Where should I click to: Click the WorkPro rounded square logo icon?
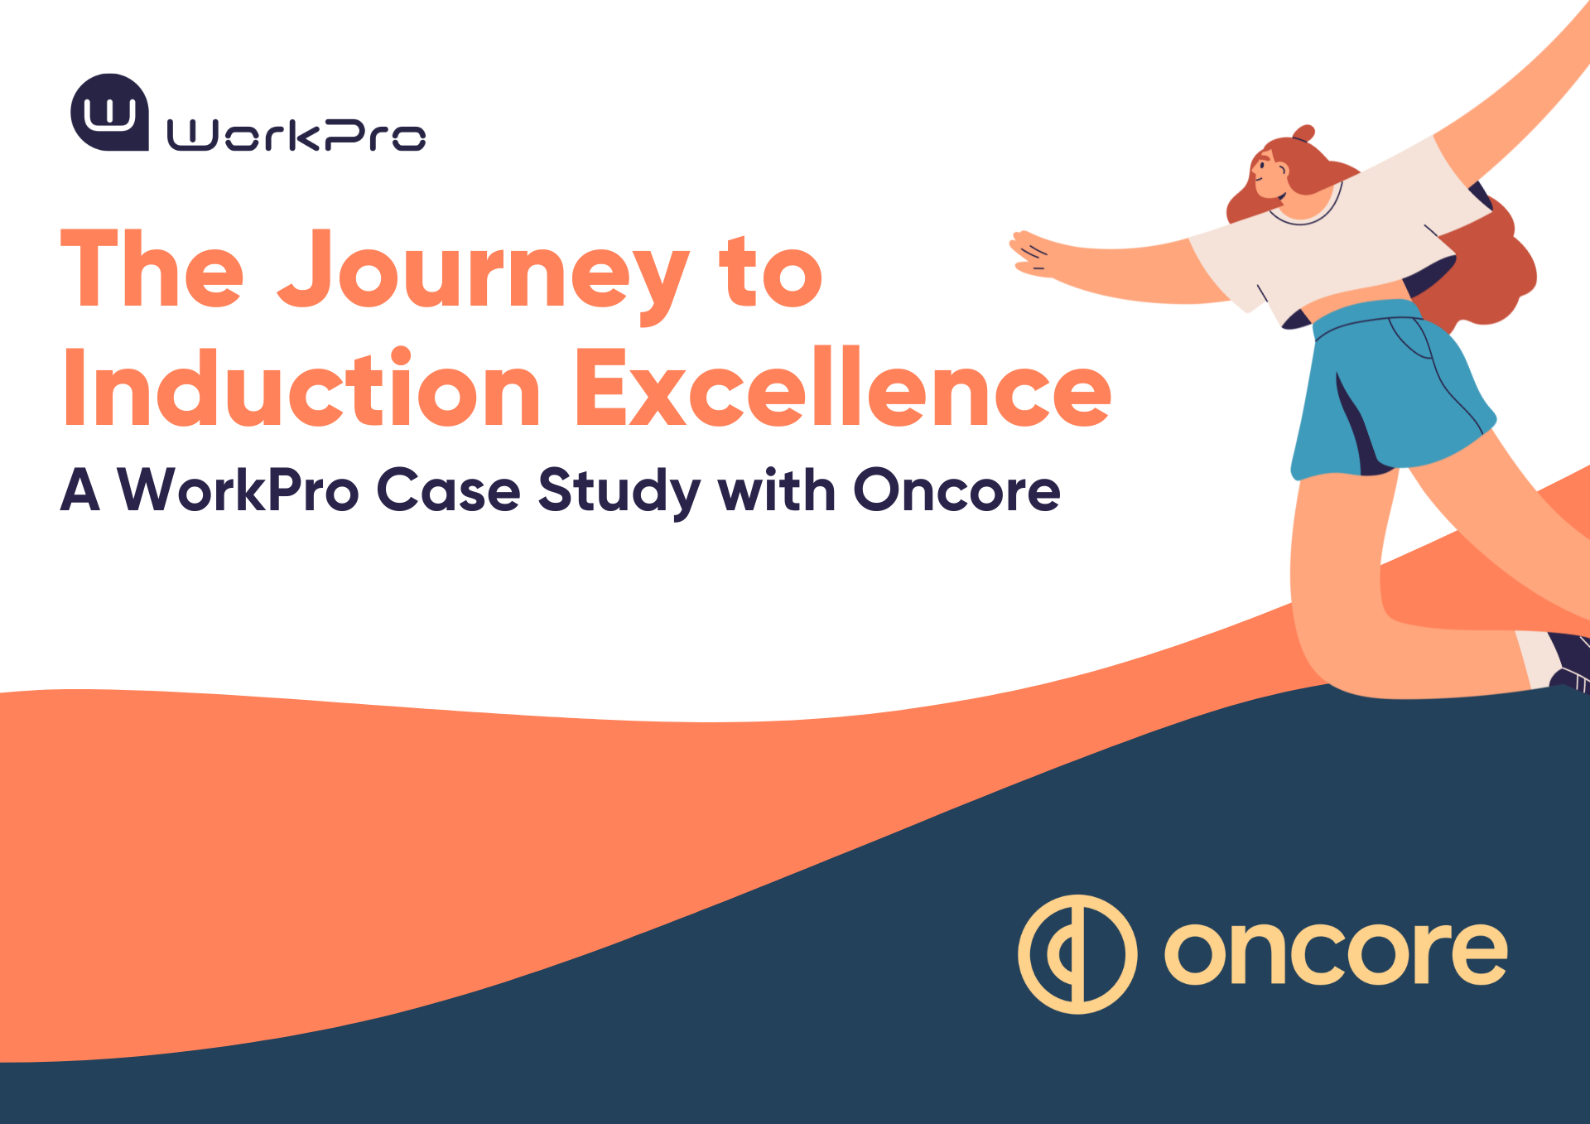[109, 113]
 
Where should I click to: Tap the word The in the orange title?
[152, 270]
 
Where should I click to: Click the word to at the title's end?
[770, 273]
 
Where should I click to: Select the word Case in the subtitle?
[448, 490]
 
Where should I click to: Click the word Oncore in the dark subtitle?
[956, 490]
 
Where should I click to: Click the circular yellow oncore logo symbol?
[1077, 954]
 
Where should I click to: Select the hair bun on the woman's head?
[1304, 133]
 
